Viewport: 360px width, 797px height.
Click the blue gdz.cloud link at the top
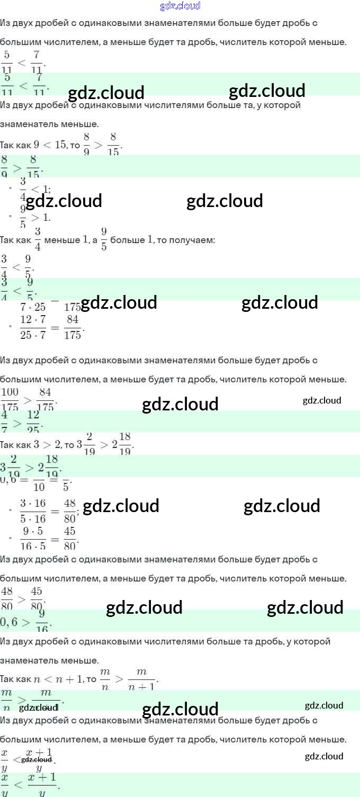point(180,6)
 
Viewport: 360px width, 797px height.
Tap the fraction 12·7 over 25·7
point(33,327)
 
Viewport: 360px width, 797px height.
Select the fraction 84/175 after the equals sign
point(73,327)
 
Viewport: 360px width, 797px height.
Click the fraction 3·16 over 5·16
point(33,511)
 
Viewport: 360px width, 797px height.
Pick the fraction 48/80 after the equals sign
point(70,511)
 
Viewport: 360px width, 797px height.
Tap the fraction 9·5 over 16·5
point(33,539)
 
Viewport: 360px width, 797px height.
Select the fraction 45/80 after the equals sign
point(70,539)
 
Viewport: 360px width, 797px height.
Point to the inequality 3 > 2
point(44,445)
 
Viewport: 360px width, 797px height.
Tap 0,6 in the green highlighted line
point(9,622)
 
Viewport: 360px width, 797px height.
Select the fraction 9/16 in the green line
point(42,621)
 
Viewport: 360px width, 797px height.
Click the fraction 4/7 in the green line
point(4,422)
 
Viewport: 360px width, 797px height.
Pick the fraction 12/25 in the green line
point(33,422)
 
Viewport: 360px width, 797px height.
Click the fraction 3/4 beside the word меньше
point(38,239)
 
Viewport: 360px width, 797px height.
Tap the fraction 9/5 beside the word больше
point(104,239)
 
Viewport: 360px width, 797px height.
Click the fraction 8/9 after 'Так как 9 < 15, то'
point(87,144)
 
